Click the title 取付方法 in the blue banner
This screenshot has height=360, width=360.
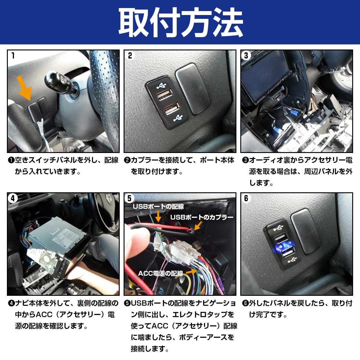click(x=180, y=22)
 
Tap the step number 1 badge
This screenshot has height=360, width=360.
click(x=13, y=55)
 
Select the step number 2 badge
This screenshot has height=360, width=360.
click(x=130, y=55)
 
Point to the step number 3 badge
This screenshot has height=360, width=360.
click(x=246, y=55)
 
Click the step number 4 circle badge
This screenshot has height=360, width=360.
click(x=13, y=198)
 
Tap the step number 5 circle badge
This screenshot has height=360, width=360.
click(x=130, y=198)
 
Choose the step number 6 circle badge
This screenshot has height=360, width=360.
click(x=246, y=198)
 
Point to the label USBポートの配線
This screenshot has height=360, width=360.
click(x=158, y=207)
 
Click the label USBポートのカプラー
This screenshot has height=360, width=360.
click(x=202, y=217)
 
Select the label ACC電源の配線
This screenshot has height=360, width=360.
click(x=160, y=273)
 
